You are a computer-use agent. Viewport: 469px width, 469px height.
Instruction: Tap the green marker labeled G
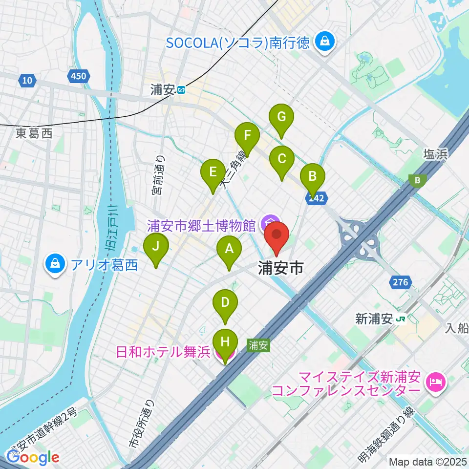point(281,118)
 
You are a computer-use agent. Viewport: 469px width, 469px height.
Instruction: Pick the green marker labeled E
point(213,172)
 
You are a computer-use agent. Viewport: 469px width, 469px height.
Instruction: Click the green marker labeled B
point(313,176)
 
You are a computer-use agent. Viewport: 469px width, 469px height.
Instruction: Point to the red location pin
point(277,234)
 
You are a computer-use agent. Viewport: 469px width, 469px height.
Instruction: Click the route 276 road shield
point(400,282)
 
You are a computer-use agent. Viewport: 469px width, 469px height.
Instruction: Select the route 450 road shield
point(77,76)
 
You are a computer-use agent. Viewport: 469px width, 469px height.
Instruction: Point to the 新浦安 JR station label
point(381,320)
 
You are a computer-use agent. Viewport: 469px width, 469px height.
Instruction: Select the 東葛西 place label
point(33,133)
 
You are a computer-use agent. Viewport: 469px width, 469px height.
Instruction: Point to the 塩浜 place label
point(434,155)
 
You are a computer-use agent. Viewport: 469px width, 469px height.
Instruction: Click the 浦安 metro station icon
point(181,90)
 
